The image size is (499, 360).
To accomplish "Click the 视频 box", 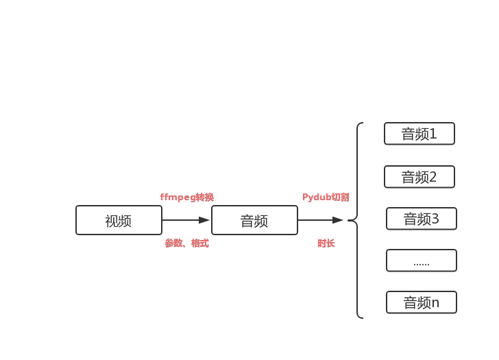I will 119,220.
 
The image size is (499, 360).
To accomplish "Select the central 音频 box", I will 254,220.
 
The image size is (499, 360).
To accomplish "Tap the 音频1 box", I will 419,134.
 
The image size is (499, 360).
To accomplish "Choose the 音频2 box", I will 419,177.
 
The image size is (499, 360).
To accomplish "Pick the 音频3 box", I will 421,219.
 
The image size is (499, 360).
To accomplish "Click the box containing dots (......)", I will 421,261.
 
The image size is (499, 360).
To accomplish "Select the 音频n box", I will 421,302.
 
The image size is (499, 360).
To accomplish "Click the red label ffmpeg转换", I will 187,197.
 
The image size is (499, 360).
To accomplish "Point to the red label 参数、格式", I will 186,243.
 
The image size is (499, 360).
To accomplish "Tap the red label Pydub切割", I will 326,197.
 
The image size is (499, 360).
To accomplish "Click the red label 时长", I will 326,243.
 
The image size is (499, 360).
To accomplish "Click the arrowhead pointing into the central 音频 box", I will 205,220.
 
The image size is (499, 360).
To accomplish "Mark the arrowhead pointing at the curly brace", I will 338,220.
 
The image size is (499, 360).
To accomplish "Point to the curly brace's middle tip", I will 349,220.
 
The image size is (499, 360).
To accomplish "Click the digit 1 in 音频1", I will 433,134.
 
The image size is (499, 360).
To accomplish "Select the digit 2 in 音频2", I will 433,177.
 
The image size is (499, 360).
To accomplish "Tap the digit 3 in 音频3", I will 435,219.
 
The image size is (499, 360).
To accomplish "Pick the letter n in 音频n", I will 435,302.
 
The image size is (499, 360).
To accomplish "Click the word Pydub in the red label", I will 317,197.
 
